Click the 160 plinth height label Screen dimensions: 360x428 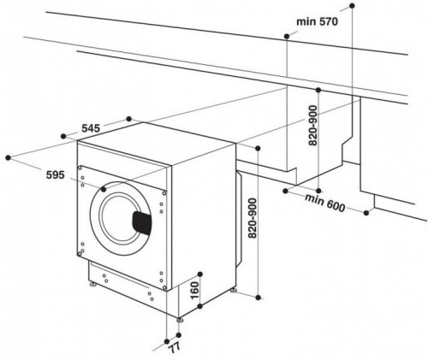(194, 290)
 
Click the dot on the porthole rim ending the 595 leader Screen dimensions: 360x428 (104, 188)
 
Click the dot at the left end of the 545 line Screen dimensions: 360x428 (64, 135)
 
